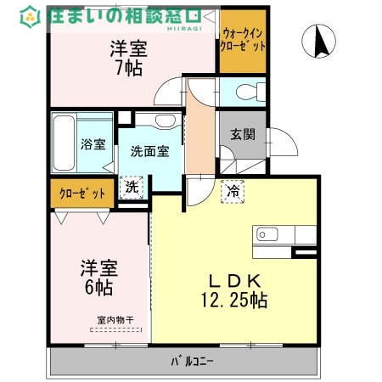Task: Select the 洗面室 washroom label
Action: pos(149,151)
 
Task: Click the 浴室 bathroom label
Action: pos(92,144)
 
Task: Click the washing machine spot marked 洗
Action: pos(132,185)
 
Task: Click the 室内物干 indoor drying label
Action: pos(110,321)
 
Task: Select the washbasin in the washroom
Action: pos(165,124)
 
